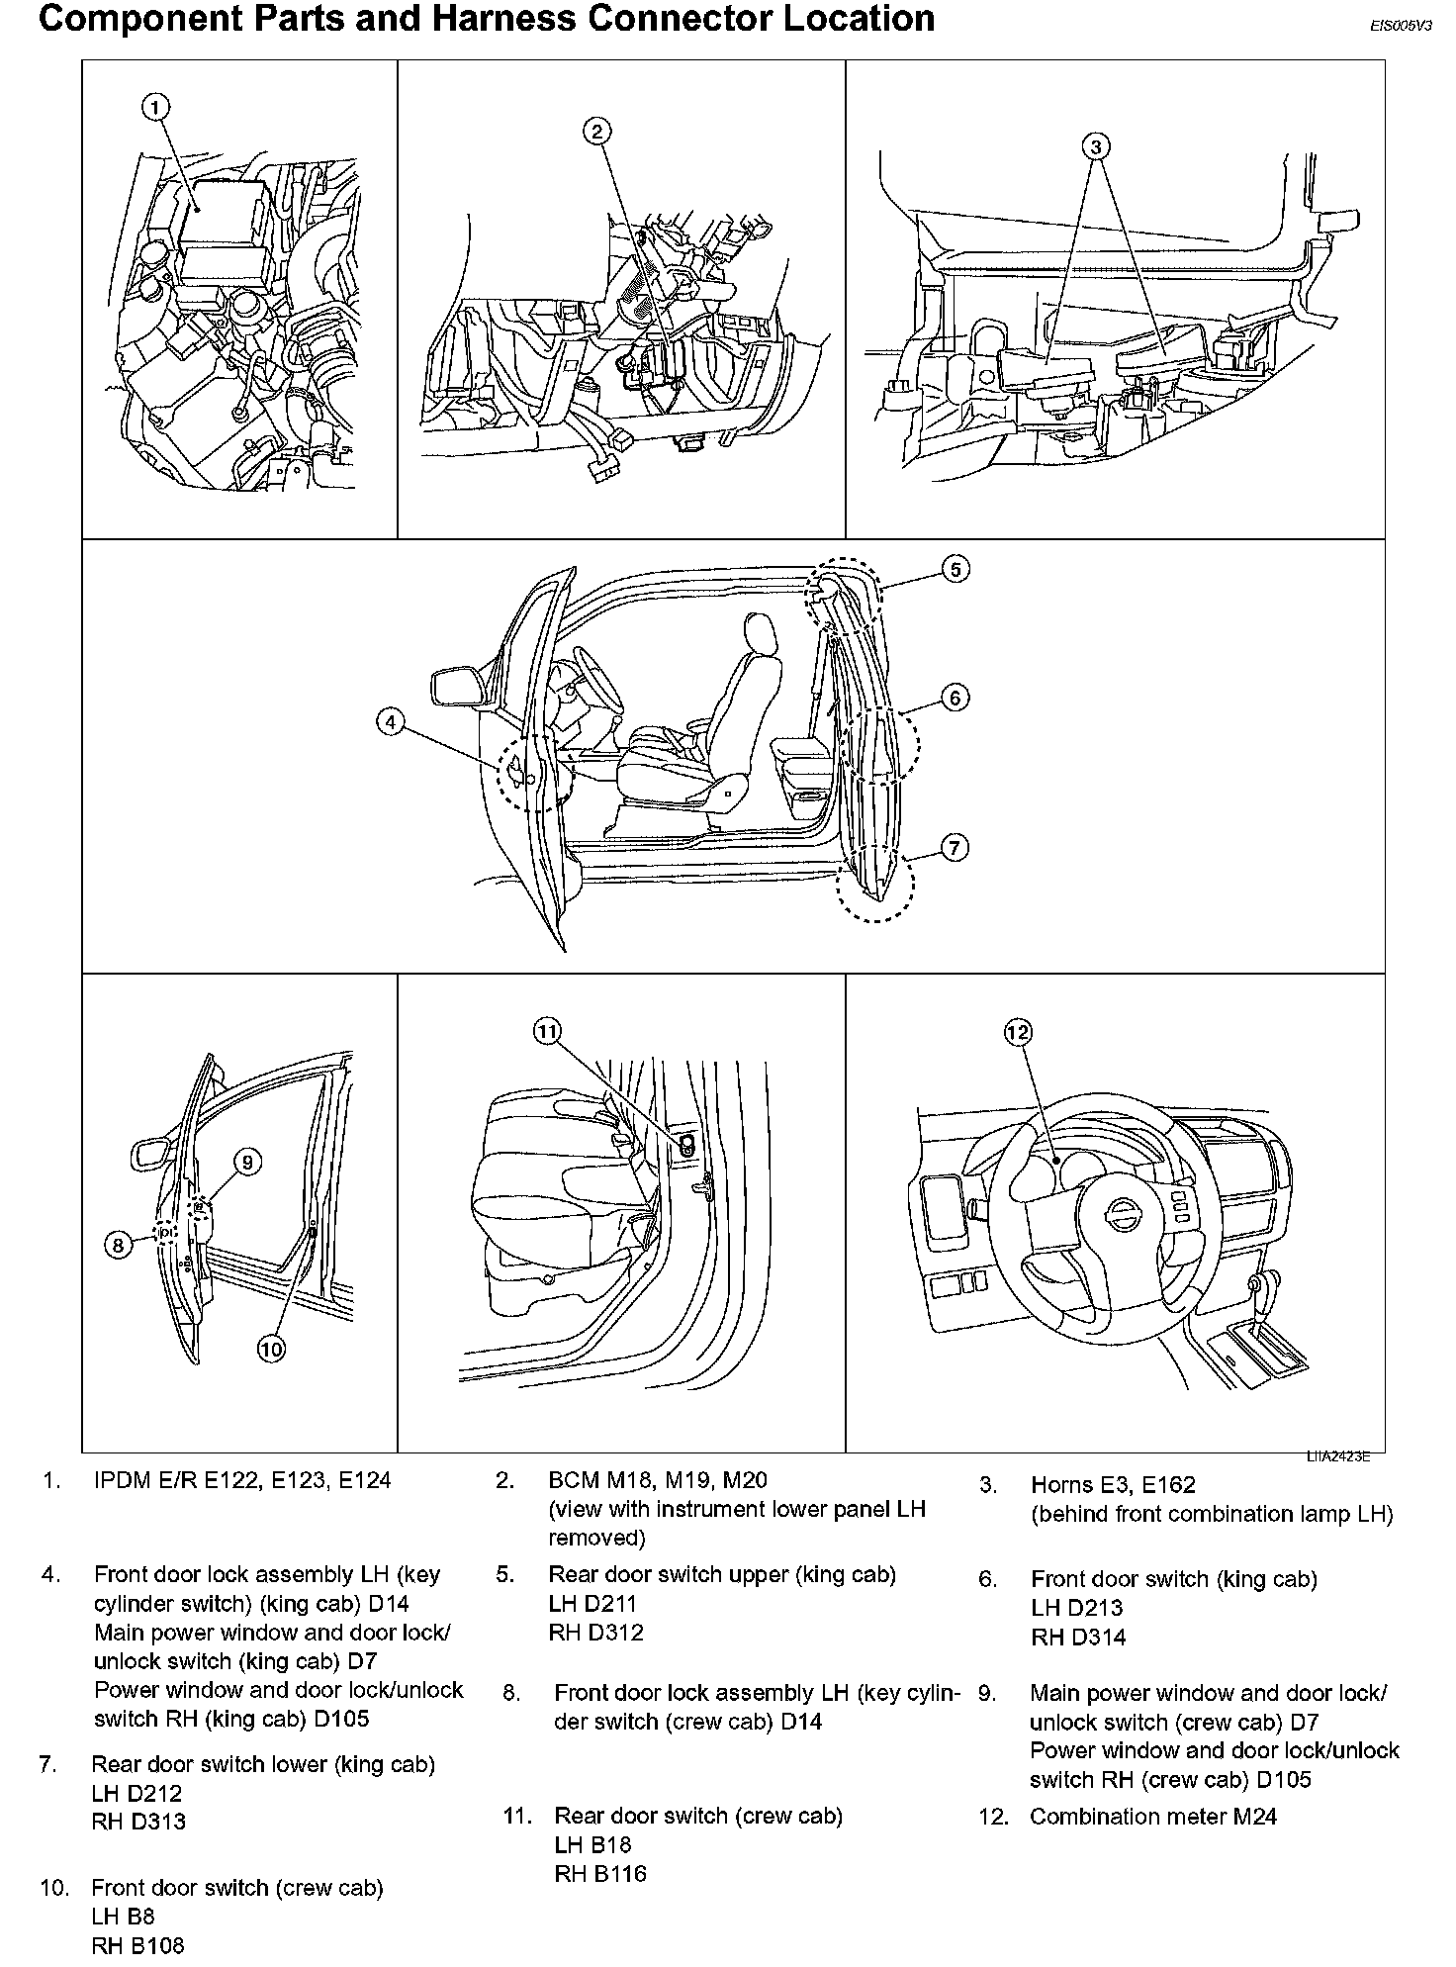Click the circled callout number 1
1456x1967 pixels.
click(156, 107)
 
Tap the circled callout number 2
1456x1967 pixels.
click(596, 130)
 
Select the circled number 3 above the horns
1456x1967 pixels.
click(1095, 146)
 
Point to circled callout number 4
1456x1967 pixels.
click(391, 723)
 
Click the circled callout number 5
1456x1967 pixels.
click(955, 569)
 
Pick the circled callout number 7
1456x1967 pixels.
click(954, 848)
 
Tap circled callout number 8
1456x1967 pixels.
click(118, 1245)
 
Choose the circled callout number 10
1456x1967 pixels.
click(271, 1348)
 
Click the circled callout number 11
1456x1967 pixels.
click(547, 1032)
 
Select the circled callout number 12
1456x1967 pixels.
click(1018, 1033)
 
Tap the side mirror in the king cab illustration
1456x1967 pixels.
click(455, 686)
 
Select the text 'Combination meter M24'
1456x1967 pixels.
click(1152, 1817)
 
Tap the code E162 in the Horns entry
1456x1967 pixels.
click(1168, 1485)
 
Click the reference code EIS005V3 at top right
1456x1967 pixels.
click(1400, 27)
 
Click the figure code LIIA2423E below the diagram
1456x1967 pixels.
click(1337, 1455)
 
